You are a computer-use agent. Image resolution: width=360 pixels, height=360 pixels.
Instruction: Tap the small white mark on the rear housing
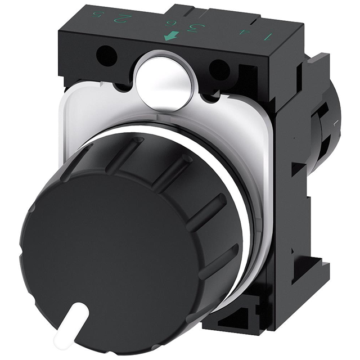pyautogui.click(x=336, y=121)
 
